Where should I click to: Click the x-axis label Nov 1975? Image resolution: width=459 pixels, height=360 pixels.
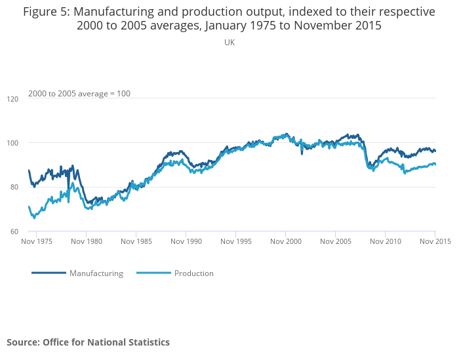pyautogui.click(x=37, y=241)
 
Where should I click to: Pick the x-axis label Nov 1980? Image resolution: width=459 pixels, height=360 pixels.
pyautogui.click(x=87, y=241)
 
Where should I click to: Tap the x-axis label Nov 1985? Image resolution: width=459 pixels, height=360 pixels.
pyautogui.click(x=136, y=241)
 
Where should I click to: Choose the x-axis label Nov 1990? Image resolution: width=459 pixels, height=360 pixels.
pyautogui.click(x=186, y=241)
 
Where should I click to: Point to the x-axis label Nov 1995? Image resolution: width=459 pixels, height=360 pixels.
pyautogui.click(x=235, y=241)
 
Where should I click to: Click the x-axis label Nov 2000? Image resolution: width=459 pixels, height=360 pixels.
pyautogui.click(x=285, y=241)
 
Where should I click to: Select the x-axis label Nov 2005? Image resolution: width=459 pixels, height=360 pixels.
pyautogui.click(x=335, y=241)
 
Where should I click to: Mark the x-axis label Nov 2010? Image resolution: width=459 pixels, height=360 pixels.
pyautogui.click(x=385, y=241)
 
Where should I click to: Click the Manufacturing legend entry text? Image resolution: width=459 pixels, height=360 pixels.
pyautogui.click(x=96, y=273)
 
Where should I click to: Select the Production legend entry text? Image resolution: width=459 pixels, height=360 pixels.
pyautogui.click(x=193, y=273)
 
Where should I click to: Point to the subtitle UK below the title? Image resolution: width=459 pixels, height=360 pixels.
pyautogui.click(x=229, y=43)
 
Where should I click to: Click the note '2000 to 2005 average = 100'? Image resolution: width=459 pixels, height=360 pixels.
pyautogui.click(x=79, y=94)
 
